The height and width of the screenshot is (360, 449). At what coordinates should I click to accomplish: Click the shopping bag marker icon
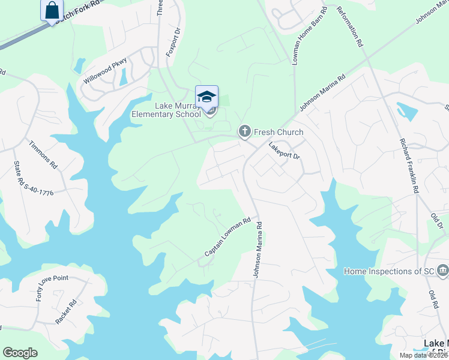(x=52, y=10)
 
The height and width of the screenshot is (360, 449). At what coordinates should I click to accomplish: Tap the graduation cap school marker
(x=206, y=96)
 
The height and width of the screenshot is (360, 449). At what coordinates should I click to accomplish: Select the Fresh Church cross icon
(x=244, y=131)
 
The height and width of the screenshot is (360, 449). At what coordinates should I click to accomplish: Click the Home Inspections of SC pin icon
(x=442, y=271)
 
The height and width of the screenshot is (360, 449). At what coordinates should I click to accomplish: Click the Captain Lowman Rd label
(x=227, y=238)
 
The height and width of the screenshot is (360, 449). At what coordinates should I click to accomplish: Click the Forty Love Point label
(x=52, y=288)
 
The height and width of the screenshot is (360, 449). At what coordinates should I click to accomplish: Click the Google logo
(x=20, y=353)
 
